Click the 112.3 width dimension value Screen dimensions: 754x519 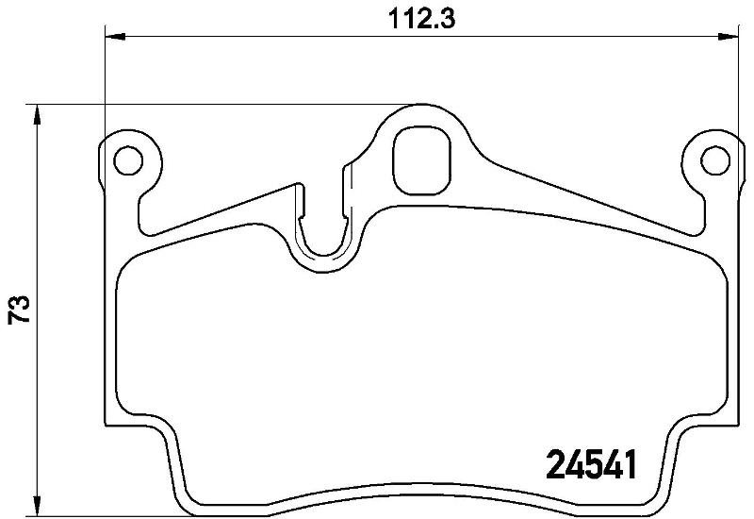pos(421,20)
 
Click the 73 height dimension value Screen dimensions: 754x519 pos(19,310)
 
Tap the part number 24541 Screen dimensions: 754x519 pos(592,464)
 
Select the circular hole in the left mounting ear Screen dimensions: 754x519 pos(128,159)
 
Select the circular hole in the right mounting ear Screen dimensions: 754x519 pos(715,159)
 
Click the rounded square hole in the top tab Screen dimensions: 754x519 pos(421,160)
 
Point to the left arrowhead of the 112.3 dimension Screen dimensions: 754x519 pos(115,37)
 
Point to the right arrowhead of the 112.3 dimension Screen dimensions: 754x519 pos(728,37)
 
